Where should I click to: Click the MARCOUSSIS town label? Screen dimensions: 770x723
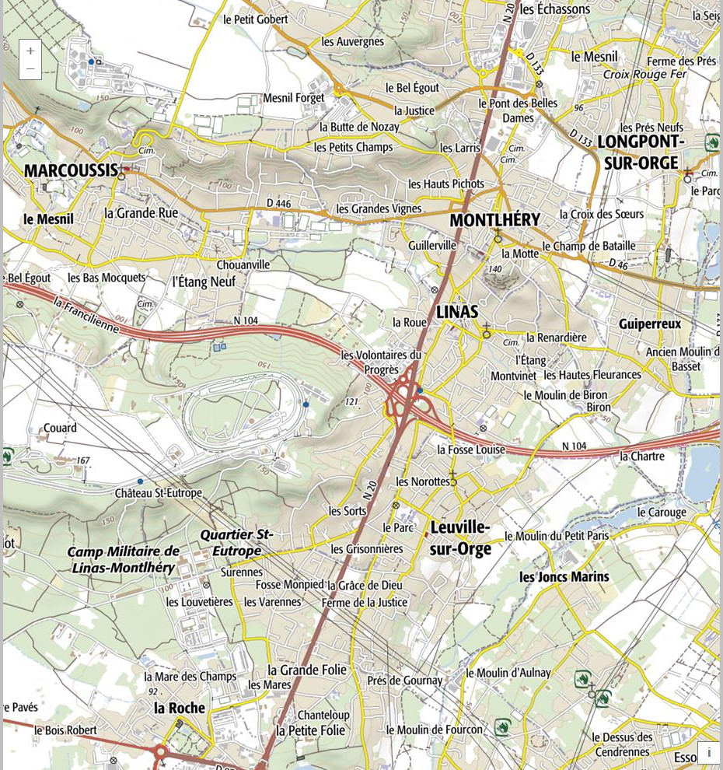(x=71, y=170)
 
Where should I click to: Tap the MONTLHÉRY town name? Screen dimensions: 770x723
(x=494, y=220)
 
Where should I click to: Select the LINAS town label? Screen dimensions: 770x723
(x=457, y=311)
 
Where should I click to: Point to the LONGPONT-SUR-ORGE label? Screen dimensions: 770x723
(x=641, y=152)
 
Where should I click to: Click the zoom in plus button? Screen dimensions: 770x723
(x=30, y=51)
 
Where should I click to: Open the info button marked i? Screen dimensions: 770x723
(x=708, y=752)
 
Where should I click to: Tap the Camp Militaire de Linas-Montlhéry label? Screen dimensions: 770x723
(x=123, y=559)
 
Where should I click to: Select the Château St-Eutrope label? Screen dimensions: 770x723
(x=158, y=493)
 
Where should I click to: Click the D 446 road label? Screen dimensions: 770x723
(x=278, y=204)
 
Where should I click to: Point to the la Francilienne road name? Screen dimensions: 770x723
(x=86, y=313)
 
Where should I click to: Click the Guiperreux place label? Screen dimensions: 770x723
(x=650, y=324)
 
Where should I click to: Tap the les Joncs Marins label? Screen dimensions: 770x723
(x=564, y=577)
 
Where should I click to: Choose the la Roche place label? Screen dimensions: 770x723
(x=180, y=708)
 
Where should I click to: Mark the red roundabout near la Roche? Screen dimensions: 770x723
(x=160, y=752)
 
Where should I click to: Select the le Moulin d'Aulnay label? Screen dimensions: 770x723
(x=508, y=673)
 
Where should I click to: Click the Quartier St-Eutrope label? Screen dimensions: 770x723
(x=236, y=543)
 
